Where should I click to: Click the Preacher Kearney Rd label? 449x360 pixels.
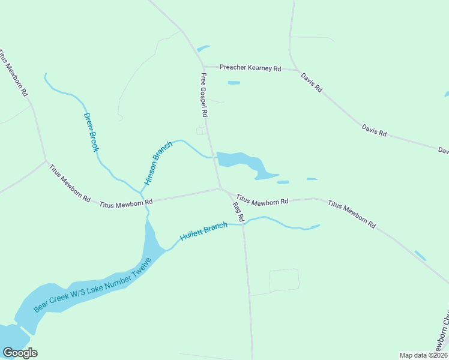click(250, 68)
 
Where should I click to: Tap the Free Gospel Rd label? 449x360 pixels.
click(204, 95)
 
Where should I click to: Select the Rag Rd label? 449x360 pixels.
click(237, 212)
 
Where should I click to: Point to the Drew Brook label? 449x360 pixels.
click(91, 132)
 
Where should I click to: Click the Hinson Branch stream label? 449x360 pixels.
click(158, 163)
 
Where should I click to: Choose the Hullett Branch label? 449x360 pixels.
click(204, 232)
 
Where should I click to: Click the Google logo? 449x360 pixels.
click(20, 353)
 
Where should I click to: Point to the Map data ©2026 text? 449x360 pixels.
click(423, 355)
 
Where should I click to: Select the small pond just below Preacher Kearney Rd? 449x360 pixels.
click(234, 83)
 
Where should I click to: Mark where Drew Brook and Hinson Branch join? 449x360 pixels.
click(140, 193)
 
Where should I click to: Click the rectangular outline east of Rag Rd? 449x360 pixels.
click(284, 280)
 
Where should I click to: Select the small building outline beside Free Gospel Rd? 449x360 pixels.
click(202, 130)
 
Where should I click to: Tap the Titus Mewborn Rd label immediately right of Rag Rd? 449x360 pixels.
click(262, 200)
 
